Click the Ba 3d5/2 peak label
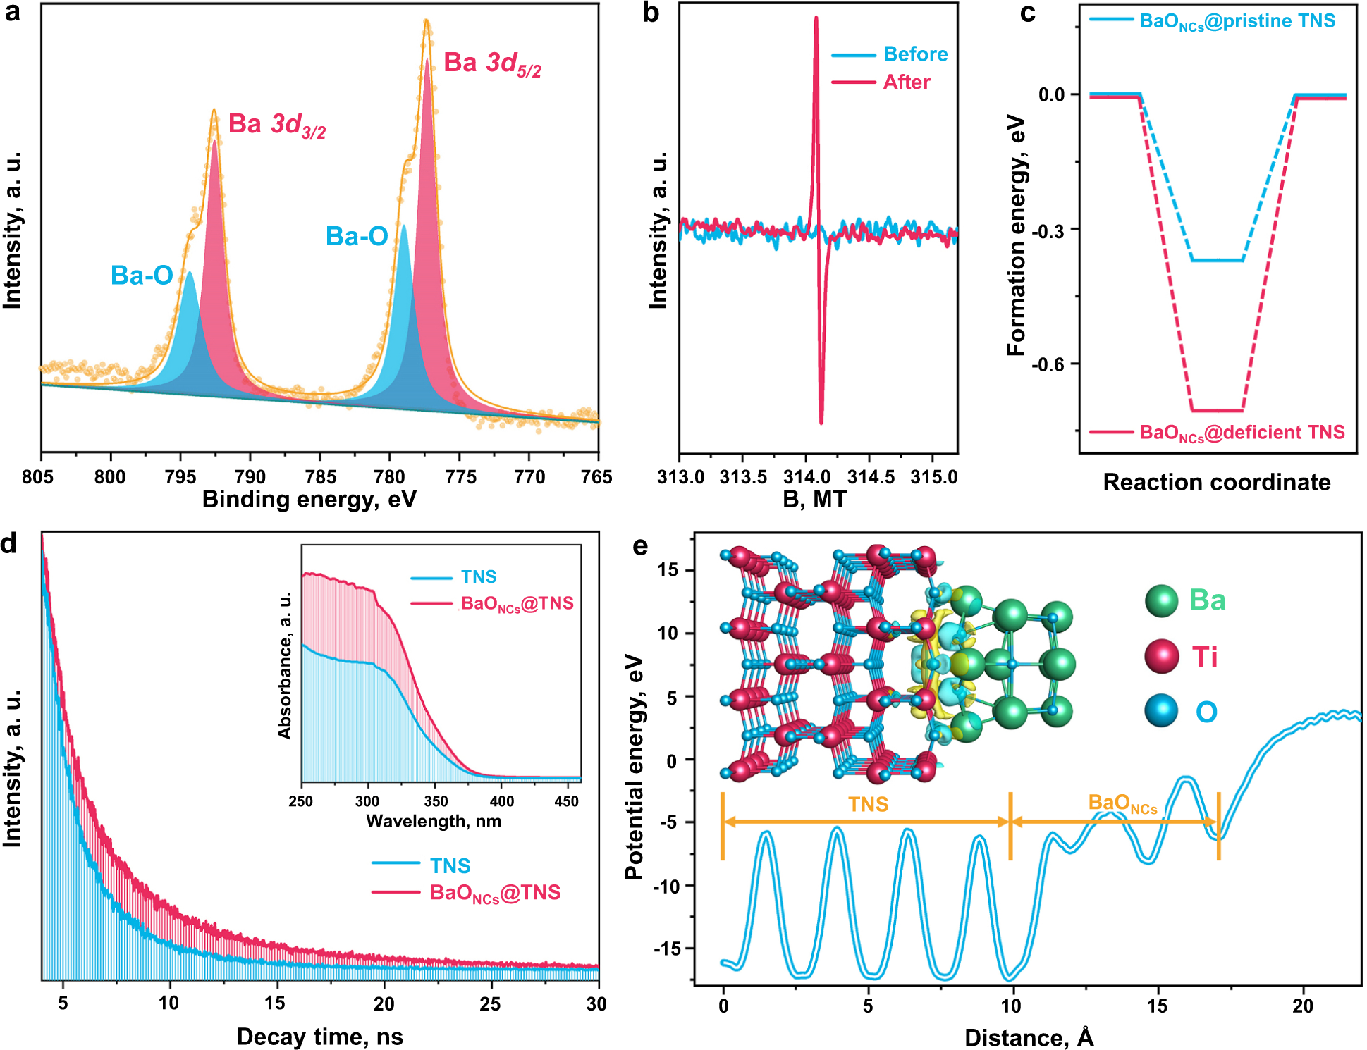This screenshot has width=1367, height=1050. click(492, 63)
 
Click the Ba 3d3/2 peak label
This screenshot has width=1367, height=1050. click(276, 125)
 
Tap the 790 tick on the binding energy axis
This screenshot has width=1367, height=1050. click(250, 477)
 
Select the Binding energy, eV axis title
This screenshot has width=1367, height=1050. click(309, 499)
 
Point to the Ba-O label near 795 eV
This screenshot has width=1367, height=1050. click(142, 276)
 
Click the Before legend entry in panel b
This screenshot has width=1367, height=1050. click(914, 54)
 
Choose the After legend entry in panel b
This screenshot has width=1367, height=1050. click(906, 82)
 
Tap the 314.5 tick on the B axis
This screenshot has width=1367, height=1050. click(871, 477)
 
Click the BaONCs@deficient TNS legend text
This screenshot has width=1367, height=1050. click(1242, 433)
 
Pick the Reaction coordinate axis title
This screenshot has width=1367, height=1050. click(1216, 482)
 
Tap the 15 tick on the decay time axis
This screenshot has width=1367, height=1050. click(275, 1003)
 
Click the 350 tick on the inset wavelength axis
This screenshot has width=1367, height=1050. click(435, 801)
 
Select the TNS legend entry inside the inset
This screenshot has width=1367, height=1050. click(478, 577)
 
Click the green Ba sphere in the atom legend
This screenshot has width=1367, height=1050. click(1161, 600)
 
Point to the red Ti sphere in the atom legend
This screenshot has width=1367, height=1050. click(1161, 656)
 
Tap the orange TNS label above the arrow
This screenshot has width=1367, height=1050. click(867, 805)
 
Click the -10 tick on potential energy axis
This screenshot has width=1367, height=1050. click(666, 886)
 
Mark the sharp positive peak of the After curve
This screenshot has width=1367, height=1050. click(816, 20)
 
